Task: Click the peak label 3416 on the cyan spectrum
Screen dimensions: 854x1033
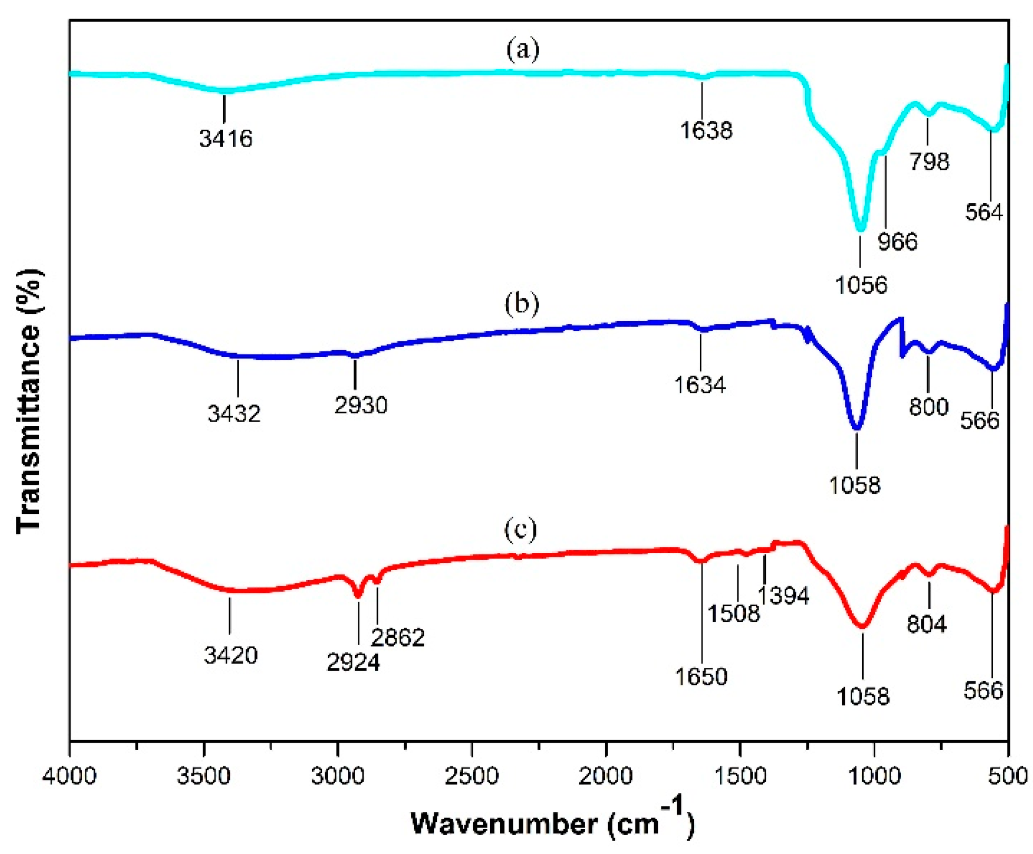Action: [226, 139]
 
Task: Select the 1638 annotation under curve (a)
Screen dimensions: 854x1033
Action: [706, 130]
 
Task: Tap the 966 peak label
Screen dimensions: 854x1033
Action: [897, 242]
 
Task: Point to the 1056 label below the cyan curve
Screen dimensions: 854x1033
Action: [861, 285]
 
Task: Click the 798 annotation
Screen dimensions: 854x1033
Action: [929, 161]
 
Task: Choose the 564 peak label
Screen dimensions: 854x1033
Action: [983, 212]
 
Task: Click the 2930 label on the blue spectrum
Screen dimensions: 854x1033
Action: [360, 405]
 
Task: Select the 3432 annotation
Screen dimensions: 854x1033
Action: [234, 414]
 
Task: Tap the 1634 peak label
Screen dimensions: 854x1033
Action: [699, 385]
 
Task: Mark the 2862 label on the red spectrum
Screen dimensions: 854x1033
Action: [397, 638]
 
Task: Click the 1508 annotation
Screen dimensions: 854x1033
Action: [733, 613]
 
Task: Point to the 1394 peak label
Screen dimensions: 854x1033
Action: [783, 596]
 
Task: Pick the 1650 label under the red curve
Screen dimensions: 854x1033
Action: [701, 677]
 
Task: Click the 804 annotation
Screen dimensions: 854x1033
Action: [927, 624]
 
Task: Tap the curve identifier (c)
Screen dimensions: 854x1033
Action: [521, 529]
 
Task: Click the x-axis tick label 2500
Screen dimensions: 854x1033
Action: [472, 776]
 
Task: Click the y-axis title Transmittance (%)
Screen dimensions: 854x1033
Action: [29, 401]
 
